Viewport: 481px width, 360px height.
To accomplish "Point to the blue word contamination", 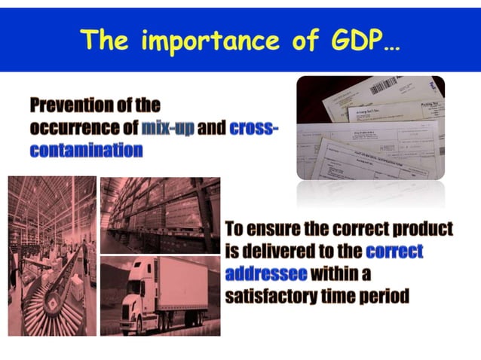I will click(86, 150).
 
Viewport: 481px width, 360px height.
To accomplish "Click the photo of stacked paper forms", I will click(369, 128).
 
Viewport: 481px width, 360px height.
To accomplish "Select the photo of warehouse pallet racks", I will click(160, 215).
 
